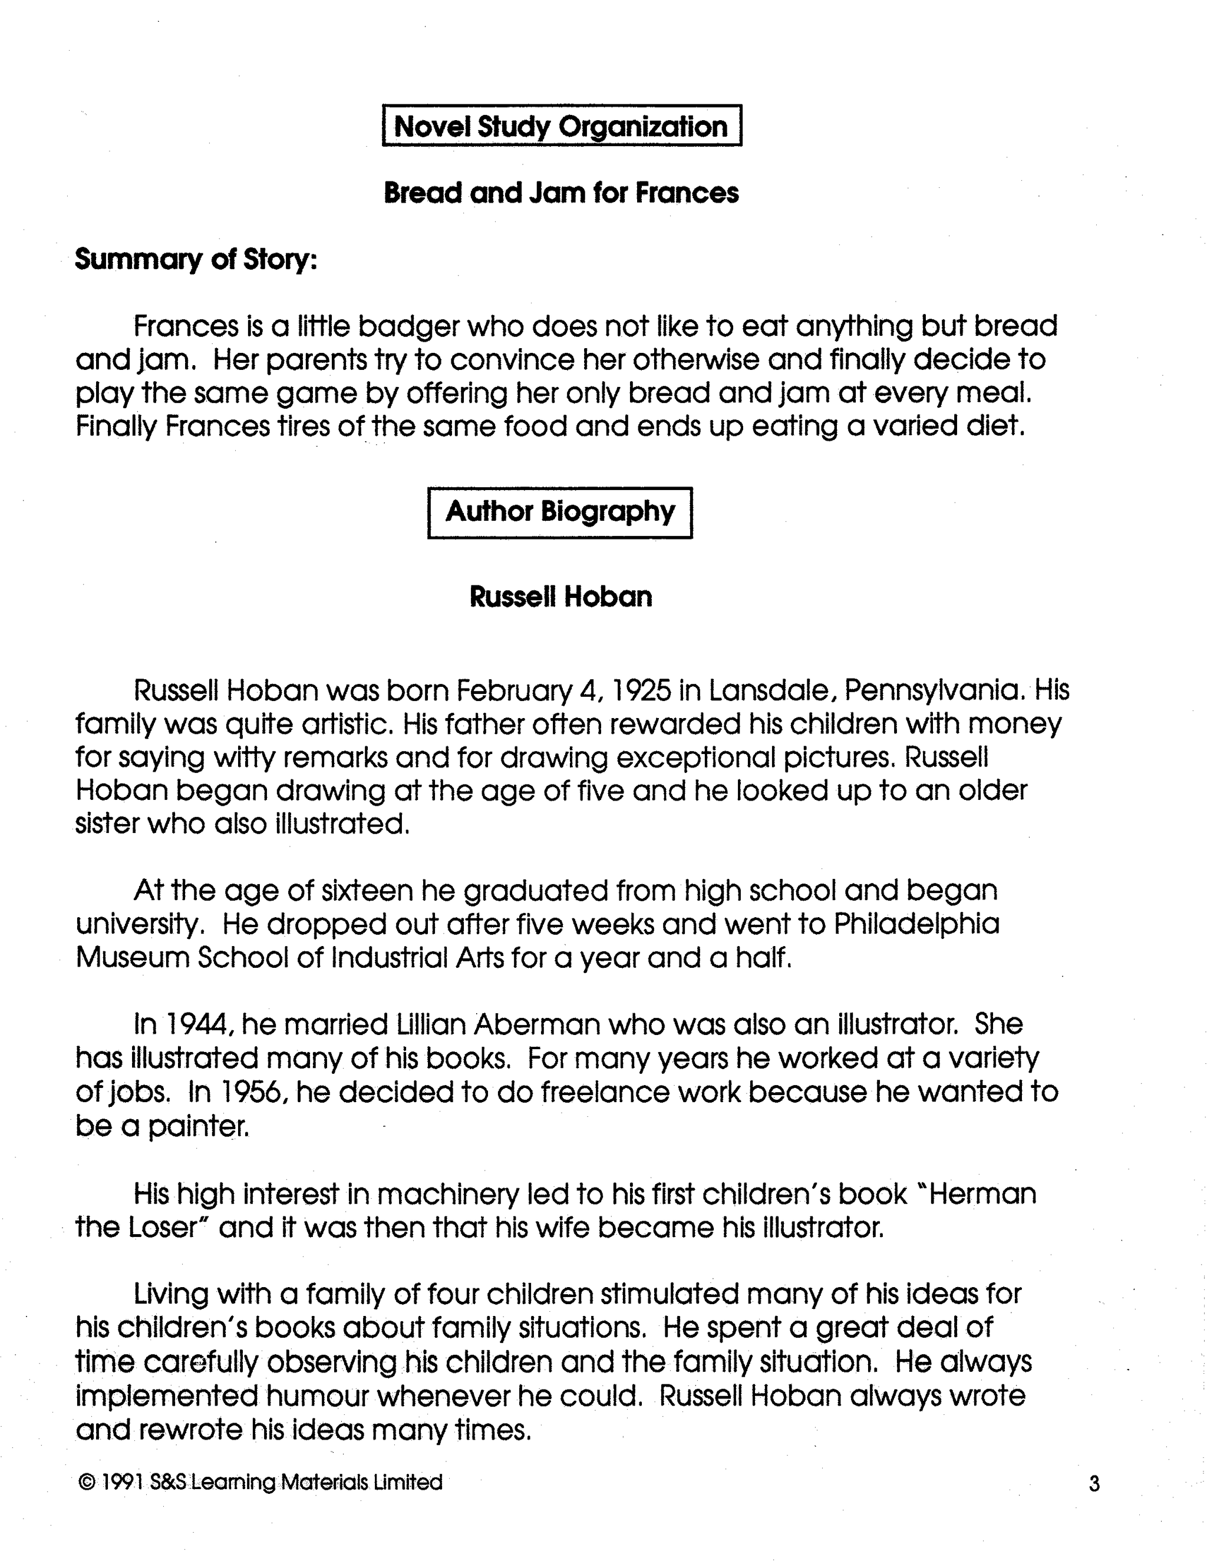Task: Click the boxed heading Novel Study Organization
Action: [561, 127]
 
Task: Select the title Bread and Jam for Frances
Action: [561, 193]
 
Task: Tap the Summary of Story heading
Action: [196, 259]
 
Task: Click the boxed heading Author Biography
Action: [560, 512]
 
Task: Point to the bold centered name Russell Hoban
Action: [560, 597]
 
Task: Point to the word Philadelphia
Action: [916, 924]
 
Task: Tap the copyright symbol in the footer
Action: [86, 1483]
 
